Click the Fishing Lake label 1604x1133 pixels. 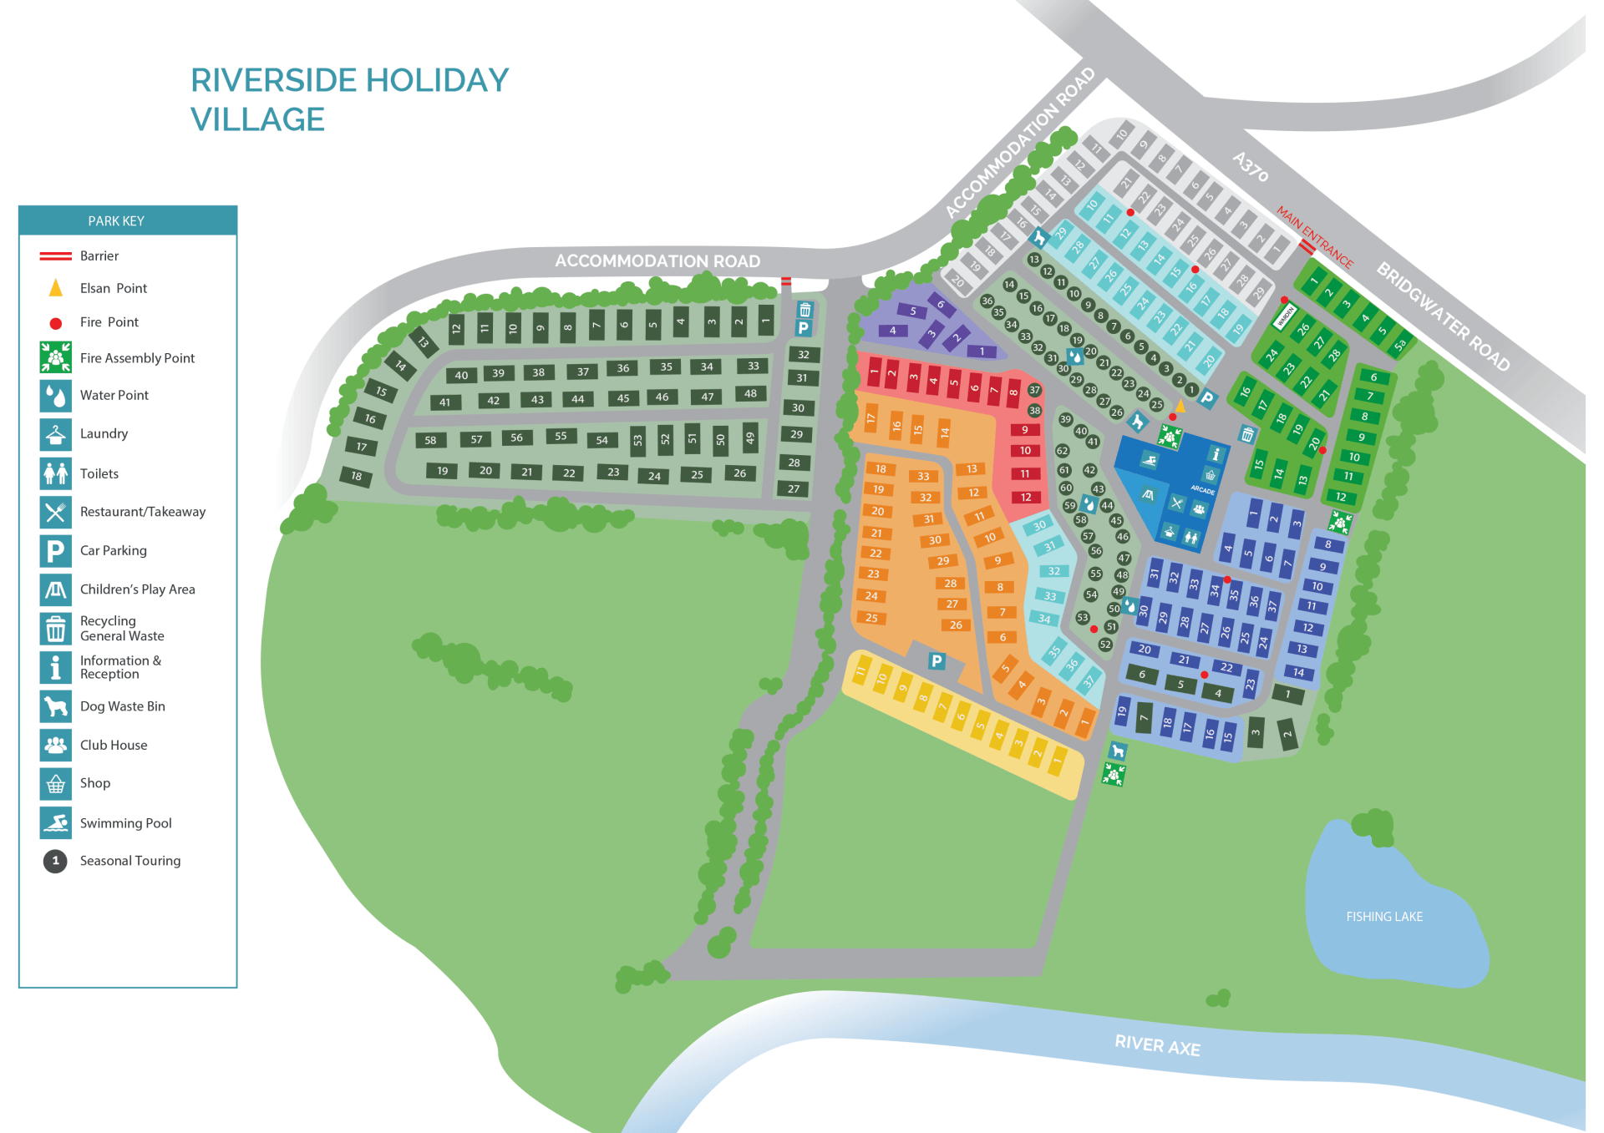click(1384, 917)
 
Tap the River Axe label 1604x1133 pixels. click(1157, 1045)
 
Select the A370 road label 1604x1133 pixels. click(1251, 166)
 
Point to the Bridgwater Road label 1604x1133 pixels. click(1443, 316)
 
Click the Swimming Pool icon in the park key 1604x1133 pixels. click(55, 822)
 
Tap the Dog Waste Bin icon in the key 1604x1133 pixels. click(55, 706)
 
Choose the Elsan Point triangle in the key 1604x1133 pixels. click(55, 288)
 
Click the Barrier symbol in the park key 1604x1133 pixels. click(55, 255)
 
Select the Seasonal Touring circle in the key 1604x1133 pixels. click(55, 861)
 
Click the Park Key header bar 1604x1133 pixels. click(128, 220)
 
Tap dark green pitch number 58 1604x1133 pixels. click(430, 440)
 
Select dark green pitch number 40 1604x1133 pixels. click(461, 375)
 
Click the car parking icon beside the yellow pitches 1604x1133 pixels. click(937, 661)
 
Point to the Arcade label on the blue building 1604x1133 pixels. click(1202, 490)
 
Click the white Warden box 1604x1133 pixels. click(1284, 317)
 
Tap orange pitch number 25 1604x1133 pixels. click(871, 618)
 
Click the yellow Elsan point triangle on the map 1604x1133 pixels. click(1180, 407)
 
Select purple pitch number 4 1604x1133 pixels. click(892, 331)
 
